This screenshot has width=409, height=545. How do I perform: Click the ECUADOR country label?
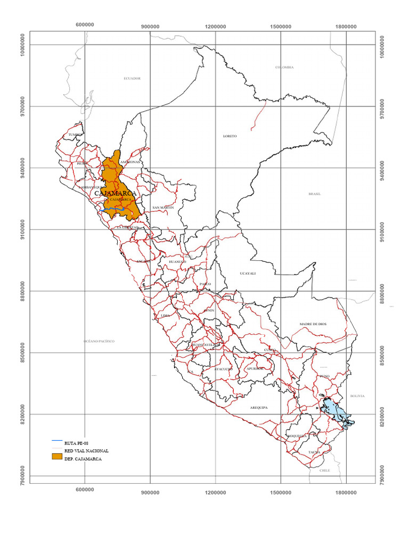(x=132, y=78)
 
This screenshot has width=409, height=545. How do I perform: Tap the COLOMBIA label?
(x=284, y=67)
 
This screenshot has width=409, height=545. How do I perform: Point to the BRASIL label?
(x=314, y=194)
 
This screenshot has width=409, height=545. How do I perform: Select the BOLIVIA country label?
(x=357, y=396)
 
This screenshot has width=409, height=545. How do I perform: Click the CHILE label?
(x=325, y=470)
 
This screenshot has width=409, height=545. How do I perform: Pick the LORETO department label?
(x=230, y=136)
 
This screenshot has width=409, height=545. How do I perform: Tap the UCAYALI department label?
(x=248, y=273)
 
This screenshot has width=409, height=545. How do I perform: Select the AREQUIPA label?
(x=258, y=408)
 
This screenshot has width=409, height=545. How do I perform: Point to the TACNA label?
(x=314, y=452)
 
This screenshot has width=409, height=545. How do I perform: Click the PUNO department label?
(x=325, y=376)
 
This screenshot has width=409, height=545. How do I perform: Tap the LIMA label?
(x=165, y=316)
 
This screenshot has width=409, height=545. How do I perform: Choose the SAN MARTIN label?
(x=163, y=207)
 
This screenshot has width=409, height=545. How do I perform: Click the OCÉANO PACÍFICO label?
(x=99, y=341)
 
